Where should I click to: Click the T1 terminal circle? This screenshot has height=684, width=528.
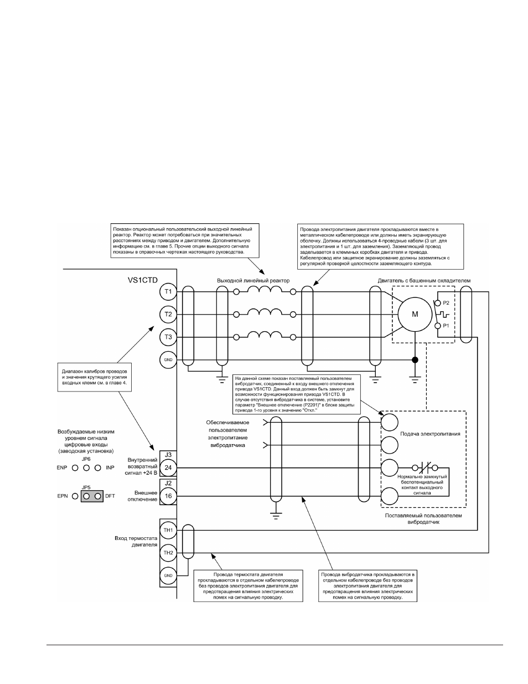point(168,291)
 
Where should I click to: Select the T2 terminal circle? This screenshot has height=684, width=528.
point(168,314)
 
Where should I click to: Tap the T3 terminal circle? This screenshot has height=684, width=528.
point(168,337)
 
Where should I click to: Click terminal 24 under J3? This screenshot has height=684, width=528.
point(168,467)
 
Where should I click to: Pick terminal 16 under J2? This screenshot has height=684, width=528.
point(168,496)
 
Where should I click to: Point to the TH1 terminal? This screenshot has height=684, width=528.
point(168,530)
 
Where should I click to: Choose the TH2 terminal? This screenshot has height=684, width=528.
point(168,553)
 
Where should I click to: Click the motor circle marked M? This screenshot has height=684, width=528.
point(415,314)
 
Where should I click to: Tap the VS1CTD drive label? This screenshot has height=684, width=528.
point(142,280)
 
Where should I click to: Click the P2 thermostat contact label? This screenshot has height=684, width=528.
point(446,303)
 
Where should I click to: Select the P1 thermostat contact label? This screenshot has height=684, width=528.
point(446,326)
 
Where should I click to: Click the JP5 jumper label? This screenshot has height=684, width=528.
point(86,487)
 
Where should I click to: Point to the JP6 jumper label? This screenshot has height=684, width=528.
point(86,459)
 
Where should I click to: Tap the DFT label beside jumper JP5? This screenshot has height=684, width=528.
point(110,496)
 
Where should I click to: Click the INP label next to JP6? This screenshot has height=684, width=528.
point(110,468)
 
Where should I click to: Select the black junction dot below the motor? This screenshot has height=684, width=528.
point(415,359)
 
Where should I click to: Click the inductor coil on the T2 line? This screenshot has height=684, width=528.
point(265,312)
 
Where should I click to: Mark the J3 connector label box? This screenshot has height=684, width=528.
point(168,455)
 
